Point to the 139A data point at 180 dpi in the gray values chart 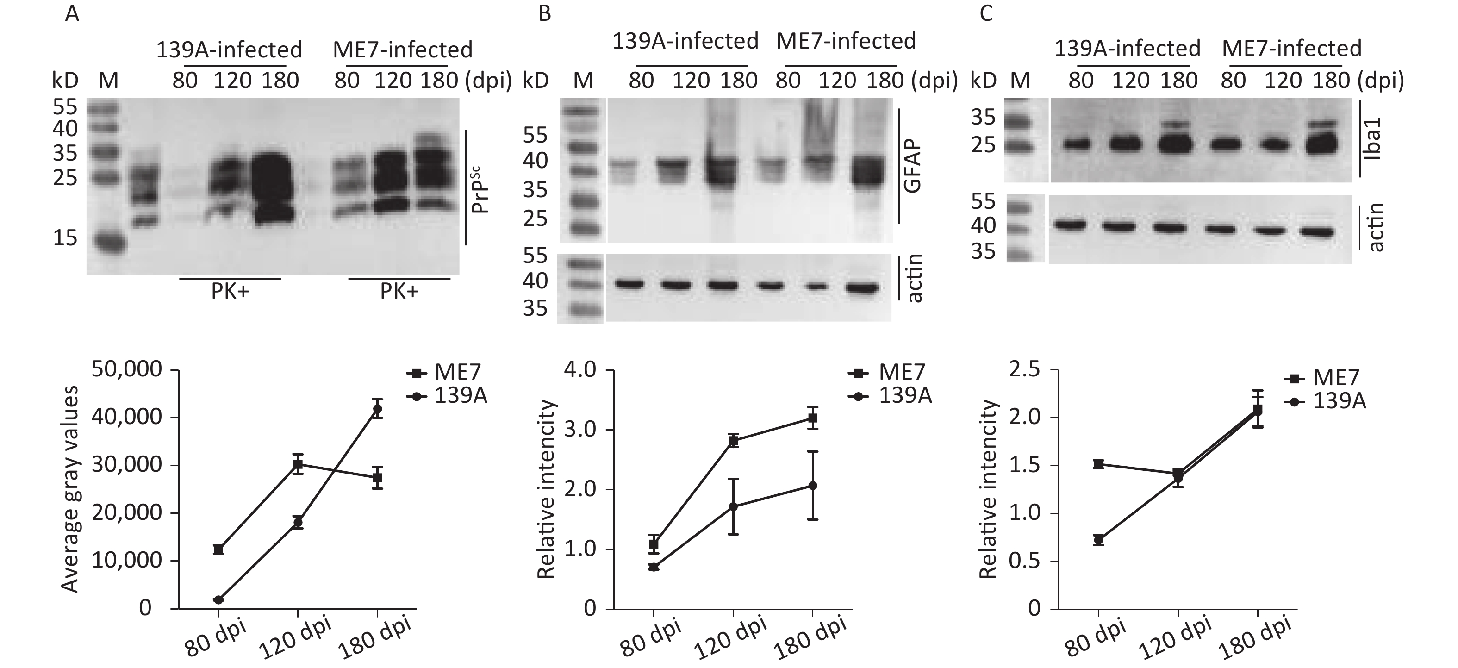tap(377, 408)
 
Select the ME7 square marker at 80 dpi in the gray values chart tap(218, 549)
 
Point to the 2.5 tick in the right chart tap(1026, 370)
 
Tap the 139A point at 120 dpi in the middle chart tap(733, 506)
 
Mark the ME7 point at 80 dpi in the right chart tap(1099, 464)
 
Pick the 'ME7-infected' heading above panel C tap(1291, 49)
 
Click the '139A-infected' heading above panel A tap(229, 50)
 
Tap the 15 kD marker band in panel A tap(109, 244)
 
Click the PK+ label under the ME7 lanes tap(399, 291)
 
